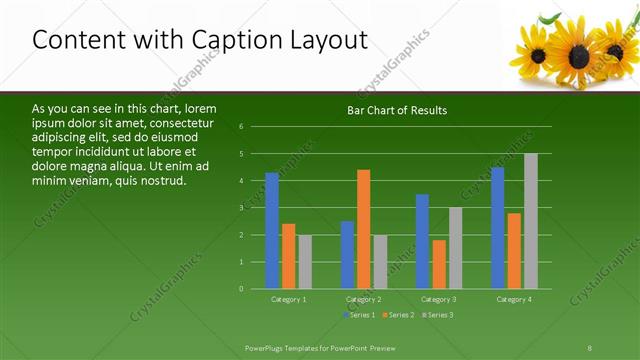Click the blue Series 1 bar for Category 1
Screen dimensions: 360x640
click(272, 231)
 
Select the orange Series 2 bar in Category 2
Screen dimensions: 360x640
click(363, 229)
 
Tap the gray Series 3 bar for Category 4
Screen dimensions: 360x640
click(530, 221)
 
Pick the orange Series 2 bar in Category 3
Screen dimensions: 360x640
click(439, 264)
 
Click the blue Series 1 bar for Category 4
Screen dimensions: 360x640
click(498, 228)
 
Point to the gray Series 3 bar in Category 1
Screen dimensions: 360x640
click(305, 262)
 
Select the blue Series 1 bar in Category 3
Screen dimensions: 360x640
click(422, 241)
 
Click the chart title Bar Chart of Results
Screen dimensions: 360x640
click(397, 110)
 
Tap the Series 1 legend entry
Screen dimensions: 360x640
click(359, 315)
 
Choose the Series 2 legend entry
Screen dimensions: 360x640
click(397, 315)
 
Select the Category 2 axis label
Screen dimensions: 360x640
click(364, 299)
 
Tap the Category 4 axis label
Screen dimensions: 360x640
click(514, 299)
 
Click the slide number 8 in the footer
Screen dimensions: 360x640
click(589, 346)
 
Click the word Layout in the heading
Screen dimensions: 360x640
click(326, 39)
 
